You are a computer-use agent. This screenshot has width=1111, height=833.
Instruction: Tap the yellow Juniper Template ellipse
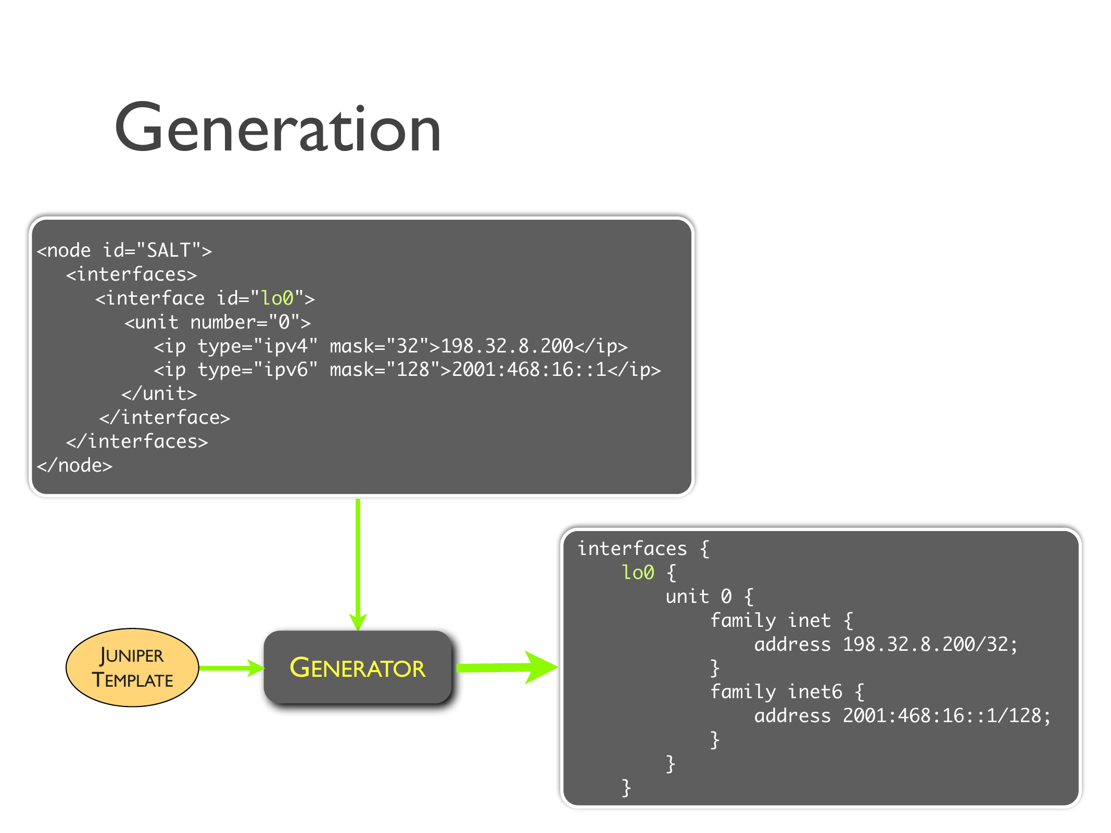pos(132,667)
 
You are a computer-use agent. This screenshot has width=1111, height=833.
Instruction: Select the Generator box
pos(357,667)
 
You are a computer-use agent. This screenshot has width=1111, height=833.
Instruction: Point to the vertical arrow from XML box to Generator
pos(358,562)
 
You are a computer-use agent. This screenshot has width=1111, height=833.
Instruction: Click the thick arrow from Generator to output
pos(505,667)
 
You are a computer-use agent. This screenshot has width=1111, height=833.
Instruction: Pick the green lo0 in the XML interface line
pos(277,298)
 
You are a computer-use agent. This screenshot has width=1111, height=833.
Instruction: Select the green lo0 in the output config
pos(638,573)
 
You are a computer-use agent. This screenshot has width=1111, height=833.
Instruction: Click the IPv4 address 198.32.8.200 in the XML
pos(507,346)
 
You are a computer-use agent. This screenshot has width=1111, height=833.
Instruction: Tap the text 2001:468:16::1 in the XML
pos(529,370)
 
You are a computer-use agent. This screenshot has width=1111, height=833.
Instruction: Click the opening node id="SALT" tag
pos(124,250)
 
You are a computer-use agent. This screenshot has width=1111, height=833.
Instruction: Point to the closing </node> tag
pos(74,465)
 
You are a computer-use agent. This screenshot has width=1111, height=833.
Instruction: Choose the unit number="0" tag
pos(218,322)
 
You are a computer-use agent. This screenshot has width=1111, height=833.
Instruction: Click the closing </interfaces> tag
pos(137,441)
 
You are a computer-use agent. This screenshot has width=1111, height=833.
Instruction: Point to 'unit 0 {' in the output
pos(709,597)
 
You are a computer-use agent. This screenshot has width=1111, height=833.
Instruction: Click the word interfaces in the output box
pos(632,549)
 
